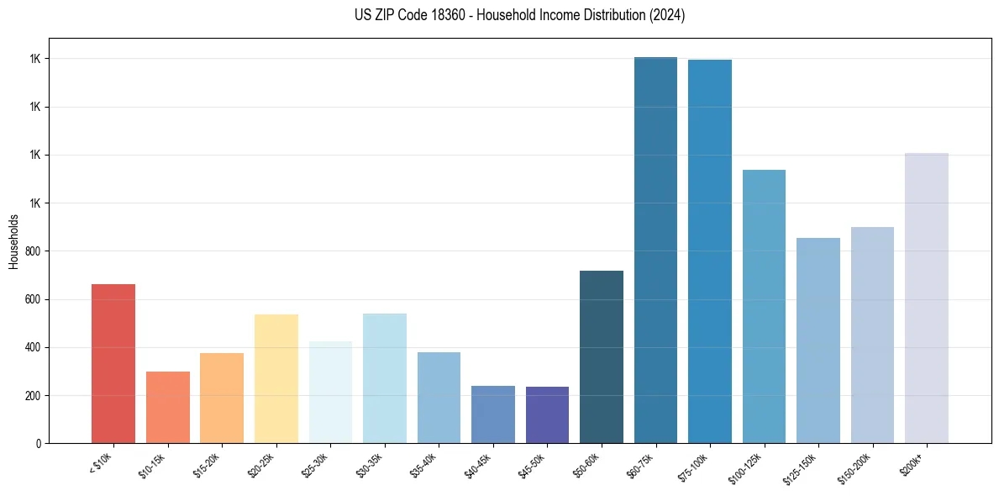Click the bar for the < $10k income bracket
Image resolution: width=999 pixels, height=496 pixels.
[x=113, y=363]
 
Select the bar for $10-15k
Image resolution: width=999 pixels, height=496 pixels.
[x=167, y=407]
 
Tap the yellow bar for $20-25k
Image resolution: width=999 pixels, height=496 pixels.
[x=276, y=378]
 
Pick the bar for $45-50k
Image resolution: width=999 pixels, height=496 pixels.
[x=547, y=414]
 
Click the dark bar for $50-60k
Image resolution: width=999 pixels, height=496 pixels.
[x=602, y=356]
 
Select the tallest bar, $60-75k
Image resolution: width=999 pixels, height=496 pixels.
[x=655, y=250]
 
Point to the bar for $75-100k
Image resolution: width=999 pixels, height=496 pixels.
[x=710, y=251]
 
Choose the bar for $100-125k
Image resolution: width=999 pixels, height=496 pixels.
[x=764, y=306]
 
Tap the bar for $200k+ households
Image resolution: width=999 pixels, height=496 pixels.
[x=927, y=298]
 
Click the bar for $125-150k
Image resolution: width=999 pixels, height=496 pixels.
[x=818, y=340]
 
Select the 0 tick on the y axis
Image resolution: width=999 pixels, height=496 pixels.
[x=39, y=443]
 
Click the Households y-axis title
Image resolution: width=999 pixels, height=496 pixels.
[x=14, y=241]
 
